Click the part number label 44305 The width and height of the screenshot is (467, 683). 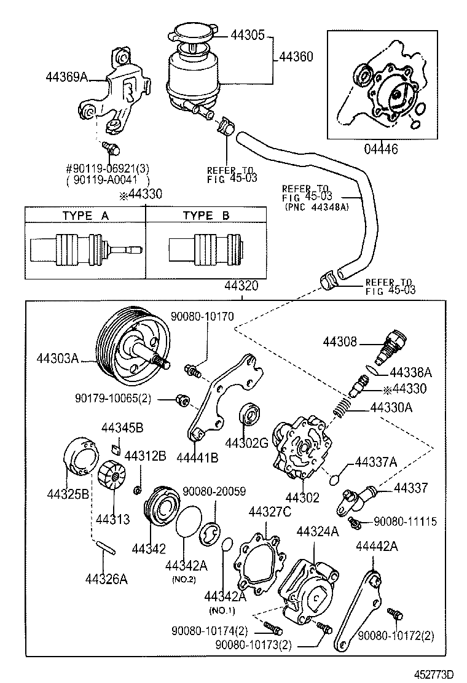pos(248,35)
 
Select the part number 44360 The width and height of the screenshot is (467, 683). pos(296,57)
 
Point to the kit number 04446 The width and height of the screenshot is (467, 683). pos(380,149)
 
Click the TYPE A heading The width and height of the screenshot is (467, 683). pos(85,216)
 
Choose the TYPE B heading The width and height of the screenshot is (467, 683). pos(206,216)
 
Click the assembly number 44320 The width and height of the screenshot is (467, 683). pos(241,286)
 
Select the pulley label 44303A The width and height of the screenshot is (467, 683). pos(57,358)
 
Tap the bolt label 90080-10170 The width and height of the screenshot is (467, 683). pos(202,316)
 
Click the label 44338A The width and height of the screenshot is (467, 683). pos(411,372)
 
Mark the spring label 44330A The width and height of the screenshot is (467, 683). pos(391,407)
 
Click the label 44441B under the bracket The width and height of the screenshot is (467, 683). pos(197,458)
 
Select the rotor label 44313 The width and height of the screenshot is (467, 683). pos(112,519)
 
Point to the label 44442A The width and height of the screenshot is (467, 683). pos(377,546)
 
